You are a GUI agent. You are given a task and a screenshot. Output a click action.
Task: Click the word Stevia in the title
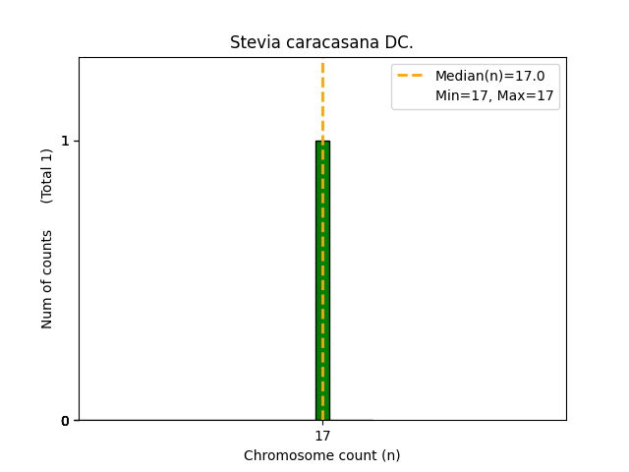[x=251, y=43]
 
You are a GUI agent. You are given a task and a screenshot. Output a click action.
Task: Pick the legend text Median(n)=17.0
[x=489, y=76]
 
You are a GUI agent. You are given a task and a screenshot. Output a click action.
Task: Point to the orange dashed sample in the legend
[x=410, y=76]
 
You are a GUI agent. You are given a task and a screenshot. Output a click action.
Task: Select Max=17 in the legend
[x=525, y=96]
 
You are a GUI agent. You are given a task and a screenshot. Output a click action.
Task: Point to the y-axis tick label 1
[x=66, y=141]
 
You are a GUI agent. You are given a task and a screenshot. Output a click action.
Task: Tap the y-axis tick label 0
[x=66, y=421]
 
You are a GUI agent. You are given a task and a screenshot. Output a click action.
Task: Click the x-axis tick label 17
[x=322, y=436]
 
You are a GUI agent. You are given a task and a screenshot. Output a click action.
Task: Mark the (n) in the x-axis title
[x=390, y=455]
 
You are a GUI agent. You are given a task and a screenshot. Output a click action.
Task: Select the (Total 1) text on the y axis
[x=47, y=175]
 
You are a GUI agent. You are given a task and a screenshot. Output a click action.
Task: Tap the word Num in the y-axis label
[x=47, y=312]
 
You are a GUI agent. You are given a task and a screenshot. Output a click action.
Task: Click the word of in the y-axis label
[x=47, y=284]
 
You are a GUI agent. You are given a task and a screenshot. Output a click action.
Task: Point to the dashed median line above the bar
[x=322, y=98]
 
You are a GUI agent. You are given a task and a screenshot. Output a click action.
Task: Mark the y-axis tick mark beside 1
[x=77, y=141]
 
